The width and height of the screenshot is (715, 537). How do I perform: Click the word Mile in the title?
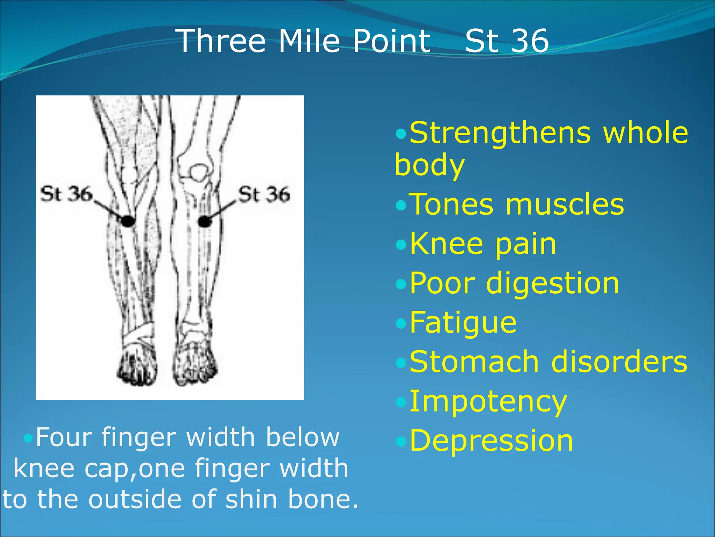[309, 41]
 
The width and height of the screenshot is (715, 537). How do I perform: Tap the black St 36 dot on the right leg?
[204, 221]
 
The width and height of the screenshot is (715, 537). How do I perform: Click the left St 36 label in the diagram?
[66, 194]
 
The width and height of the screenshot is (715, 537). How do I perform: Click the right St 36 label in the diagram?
[264, 194]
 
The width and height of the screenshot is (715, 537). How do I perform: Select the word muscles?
[565, 205]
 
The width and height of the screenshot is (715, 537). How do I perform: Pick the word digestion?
[552, 283]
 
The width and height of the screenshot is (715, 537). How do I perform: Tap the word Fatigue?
[463, 322]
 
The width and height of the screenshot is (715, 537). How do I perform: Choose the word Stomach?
[474, 362]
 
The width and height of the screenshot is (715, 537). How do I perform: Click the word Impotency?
[488, 402]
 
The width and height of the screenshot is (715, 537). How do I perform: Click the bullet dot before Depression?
[401, 442]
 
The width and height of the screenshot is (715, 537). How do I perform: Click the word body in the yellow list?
[429, 165]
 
